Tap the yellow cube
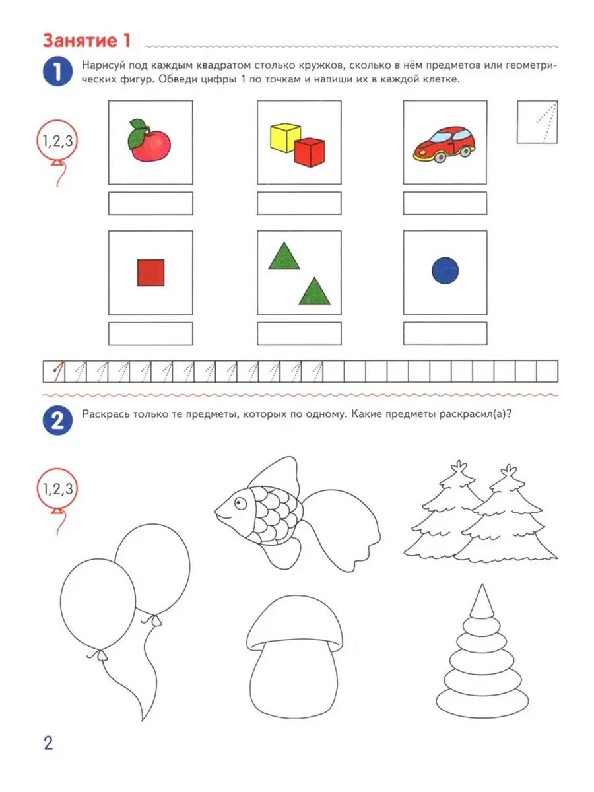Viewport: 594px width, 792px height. click(285, 137)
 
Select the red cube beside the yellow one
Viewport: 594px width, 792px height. click(310, 152)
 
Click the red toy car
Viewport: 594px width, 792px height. click(444, 144)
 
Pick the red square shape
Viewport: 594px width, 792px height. click(150, 273)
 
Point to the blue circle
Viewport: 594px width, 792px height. click(445, 270)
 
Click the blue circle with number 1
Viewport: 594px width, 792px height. click(57, 71)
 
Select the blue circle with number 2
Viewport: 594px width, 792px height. click(57, 420)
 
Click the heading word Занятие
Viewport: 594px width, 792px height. click(81, 40)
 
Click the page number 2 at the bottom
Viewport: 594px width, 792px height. click(48, 743)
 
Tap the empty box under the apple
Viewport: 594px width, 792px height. click(150, 203)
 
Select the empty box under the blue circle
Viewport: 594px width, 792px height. click(445, 333)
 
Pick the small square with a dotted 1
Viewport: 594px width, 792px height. click(537, 122)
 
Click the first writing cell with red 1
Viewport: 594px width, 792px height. click(53, 372)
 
